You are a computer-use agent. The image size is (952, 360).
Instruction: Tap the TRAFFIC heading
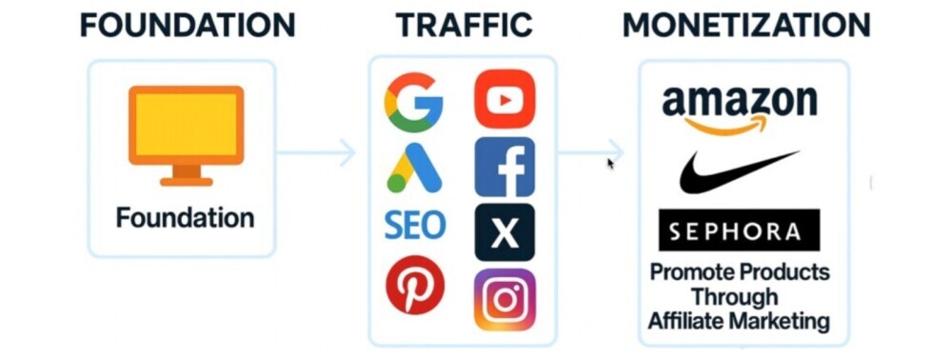[464, 25]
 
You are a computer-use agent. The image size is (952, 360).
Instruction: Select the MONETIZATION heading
[746, 25]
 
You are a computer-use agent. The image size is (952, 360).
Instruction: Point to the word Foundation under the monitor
[185, 217]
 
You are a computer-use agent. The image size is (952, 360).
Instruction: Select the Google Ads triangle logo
[414, 169]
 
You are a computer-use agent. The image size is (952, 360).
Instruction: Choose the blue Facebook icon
[505, 167]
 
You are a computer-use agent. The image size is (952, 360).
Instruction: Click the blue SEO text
[414, 226]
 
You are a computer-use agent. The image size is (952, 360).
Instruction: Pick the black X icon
[505, 231]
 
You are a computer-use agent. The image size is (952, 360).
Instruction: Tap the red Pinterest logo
[414, 287]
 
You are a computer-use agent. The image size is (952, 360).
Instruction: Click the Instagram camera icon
[505, 299]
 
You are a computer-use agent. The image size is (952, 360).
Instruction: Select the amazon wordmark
[740, 100]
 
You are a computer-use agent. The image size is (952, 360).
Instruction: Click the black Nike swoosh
[738, 171]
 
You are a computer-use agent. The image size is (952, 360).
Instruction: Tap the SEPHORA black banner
[739, 230]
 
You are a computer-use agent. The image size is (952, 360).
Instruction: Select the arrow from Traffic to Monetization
[590, 151]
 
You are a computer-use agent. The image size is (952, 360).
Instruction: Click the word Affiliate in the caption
[684, 321]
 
